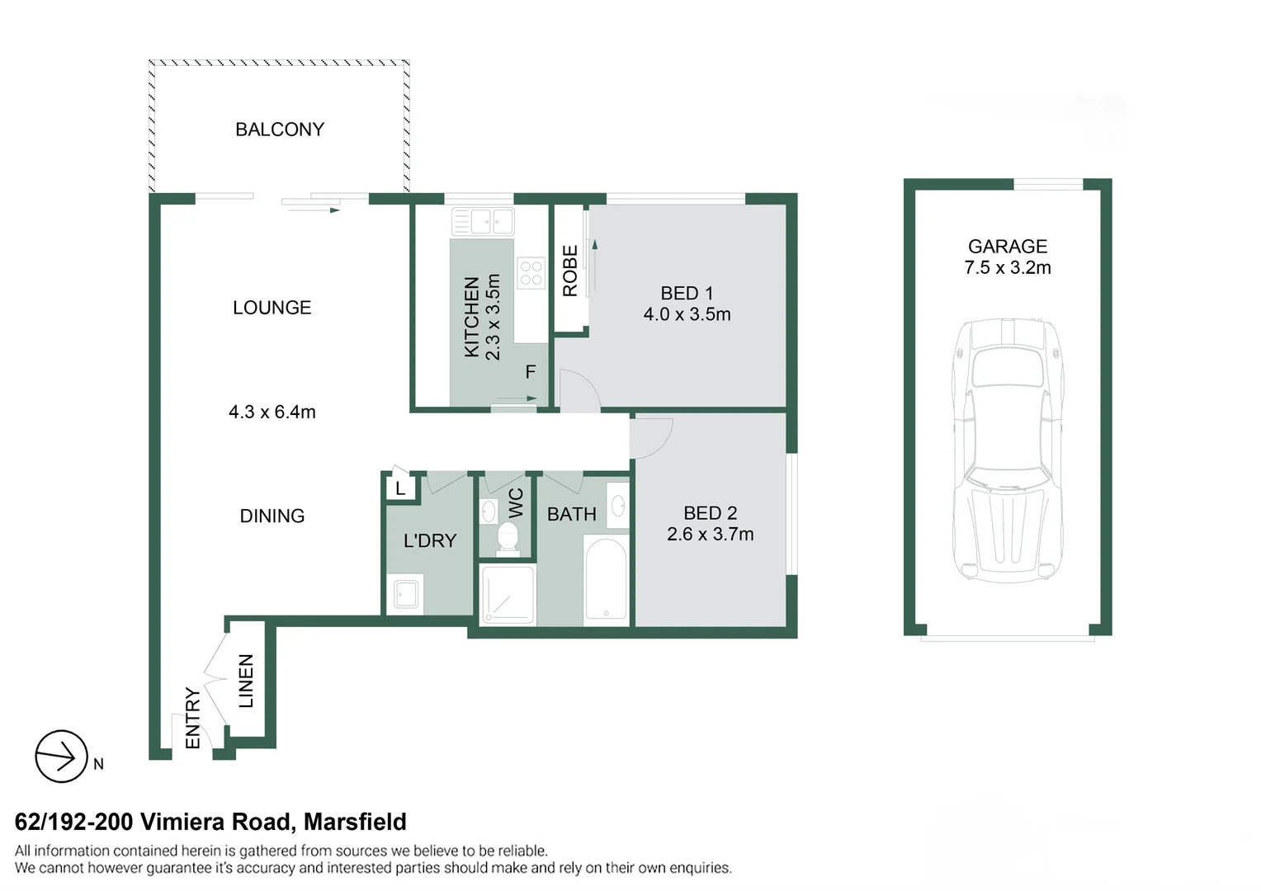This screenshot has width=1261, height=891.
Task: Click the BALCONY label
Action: pyautogui.click(x=280, y=130)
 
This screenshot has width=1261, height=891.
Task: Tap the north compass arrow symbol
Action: pyautogui.click(x=61, y=756)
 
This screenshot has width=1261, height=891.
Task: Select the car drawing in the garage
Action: pyautogui.click(x=1007, y=450)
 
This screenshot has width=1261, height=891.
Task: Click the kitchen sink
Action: pyautogui.click(x=483, y=222)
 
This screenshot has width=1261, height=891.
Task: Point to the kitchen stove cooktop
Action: pyautogui.click(x=531, y=273)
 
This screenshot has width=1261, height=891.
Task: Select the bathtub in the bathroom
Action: pyautogui.click(x=606, y=579)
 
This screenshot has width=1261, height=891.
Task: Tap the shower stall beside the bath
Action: pyautogui.click(x=508, y=592)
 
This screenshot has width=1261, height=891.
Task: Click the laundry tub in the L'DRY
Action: pyautogui.click(x=406, y=594)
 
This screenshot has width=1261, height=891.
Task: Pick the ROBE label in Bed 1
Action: pyautogui.click(x=570, y=271)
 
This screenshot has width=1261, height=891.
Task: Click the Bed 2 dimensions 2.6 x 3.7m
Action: pyautogui.click(x=710, y=535)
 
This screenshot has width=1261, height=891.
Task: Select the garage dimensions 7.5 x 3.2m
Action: pyautogui.click(x=1007, y=268)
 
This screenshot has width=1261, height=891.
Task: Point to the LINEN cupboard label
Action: pyautogui.click(x=246, y=681)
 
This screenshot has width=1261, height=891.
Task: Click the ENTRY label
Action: pyautogui.click(x=192, y=718)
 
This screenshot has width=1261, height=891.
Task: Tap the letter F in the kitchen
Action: pyautogui.click(x=531, y=372)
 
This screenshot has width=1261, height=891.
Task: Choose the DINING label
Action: pyautogui.click(x=272, y=516)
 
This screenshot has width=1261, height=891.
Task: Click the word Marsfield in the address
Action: pyautogui.click(x=355, y=822)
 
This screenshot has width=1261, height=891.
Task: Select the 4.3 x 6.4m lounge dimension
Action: pyautogui.click(x=272, y=412)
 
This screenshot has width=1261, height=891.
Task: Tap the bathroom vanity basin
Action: pyautogui.click(x=618, y=506)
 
